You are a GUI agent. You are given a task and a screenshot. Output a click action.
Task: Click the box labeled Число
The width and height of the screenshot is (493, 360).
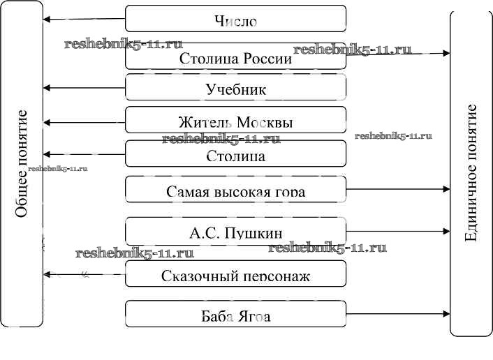235,19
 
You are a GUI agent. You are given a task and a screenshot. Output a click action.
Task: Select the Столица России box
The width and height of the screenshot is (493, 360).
235,57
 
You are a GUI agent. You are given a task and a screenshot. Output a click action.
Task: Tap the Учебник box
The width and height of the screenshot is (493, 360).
235,89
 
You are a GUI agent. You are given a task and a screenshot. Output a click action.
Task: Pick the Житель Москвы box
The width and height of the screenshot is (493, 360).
235,121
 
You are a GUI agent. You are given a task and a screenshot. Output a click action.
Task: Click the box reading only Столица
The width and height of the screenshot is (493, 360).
235,154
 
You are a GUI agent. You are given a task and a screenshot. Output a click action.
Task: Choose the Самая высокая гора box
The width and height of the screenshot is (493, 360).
235,189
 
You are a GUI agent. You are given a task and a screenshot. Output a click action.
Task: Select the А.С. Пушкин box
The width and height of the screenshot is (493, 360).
235,231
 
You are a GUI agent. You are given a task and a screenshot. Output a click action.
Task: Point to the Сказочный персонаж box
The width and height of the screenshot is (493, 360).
235,275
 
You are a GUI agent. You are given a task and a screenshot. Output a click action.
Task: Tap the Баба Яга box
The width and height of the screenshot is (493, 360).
235,315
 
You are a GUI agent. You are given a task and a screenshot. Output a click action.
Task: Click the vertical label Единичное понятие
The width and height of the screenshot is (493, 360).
471,172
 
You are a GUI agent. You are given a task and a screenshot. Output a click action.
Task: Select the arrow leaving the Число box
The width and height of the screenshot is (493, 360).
84,20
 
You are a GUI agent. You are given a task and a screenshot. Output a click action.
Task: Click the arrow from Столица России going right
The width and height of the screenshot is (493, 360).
398,54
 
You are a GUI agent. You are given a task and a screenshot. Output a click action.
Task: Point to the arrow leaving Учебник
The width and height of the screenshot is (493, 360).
84,88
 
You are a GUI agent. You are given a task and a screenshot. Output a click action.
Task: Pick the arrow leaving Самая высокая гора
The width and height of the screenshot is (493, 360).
398,189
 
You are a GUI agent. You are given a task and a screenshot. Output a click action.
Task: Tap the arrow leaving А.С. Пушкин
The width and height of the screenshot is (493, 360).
398,231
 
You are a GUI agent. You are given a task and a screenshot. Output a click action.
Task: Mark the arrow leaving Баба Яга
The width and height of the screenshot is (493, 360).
398,315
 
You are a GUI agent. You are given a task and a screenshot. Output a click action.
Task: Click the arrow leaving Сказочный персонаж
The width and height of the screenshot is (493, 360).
84,274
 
